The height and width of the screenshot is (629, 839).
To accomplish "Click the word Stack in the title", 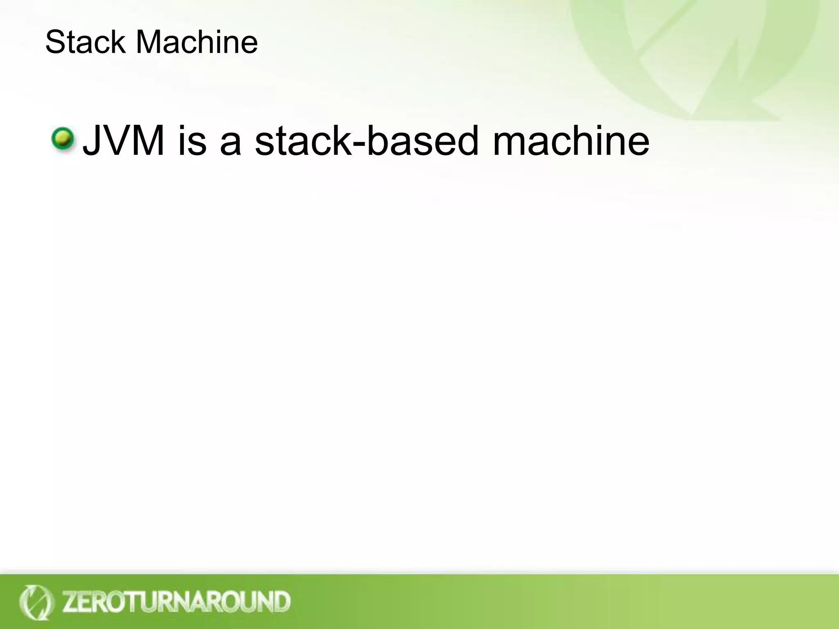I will coord(85,42).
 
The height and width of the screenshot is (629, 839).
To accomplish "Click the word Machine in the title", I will coord(197,42).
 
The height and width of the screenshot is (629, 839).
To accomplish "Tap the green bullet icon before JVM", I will coord(63,139).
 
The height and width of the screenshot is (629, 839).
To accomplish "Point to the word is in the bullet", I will coord(192,140).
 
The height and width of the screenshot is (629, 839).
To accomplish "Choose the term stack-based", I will coord(366,140).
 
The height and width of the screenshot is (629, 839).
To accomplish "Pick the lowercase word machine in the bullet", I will coord(571,140).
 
